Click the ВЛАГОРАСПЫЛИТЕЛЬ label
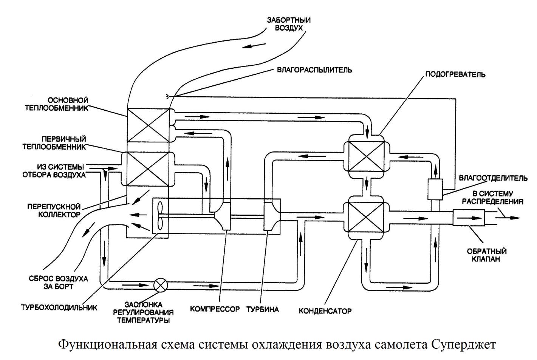[x=314, y=70]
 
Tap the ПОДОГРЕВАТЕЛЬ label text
[x=455, y=74]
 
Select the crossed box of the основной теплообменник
[x=148, y=125]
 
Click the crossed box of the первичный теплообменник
[x=148, y=169]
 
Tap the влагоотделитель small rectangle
[x=435, y=189]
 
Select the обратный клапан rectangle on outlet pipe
[x=469, y=218]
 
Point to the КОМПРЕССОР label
[x=215, y=309]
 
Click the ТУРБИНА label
[x=263, y=309]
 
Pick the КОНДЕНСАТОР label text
[x=325, y=311]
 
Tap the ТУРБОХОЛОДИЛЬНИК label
[x=59, y=307]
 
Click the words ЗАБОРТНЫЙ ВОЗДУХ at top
[x=289, y=24]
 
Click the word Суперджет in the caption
[x=462, y=345]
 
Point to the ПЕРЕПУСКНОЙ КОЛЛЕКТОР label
[x=54, y=210]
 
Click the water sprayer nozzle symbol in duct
[x=167, y=97]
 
